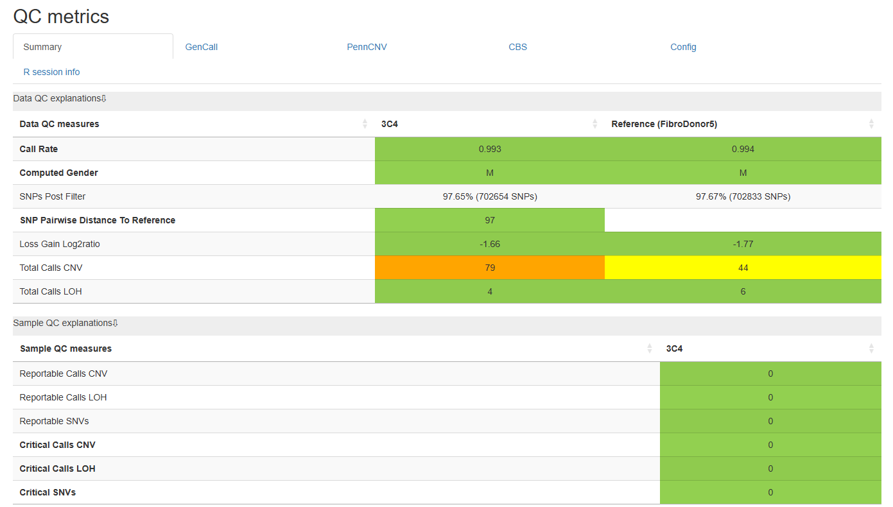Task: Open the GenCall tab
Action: tap(202, 47)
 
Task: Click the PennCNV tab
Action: tap(367, 47)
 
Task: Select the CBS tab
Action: tap(517, 47)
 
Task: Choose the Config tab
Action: tap(683, 47)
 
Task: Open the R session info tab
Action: tap(51, 72)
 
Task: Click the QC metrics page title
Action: tap(61, 17)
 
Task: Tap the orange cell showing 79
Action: tap(490, 268)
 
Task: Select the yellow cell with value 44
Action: tap(743, 268)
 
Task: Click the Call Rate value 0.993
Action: tap(490, 149)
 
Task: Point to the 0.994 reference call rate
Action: tap(743, 149)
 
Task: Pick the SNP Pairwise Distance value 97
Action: tap(490, 220)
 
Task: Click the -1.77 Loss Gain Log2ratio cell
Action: tap(743, 244)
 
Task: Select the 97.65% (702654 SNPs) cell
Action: tap(490, 196)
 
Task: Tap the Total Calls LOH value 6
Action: tap(743, 291)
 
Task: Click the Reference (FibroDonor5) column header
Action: tap(664, 124)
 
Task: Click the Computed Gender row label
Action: tap(58, 173)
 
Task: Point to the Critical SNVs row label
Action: tap(48, 492)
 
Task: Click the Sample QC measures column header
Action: tap(65, 348)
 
